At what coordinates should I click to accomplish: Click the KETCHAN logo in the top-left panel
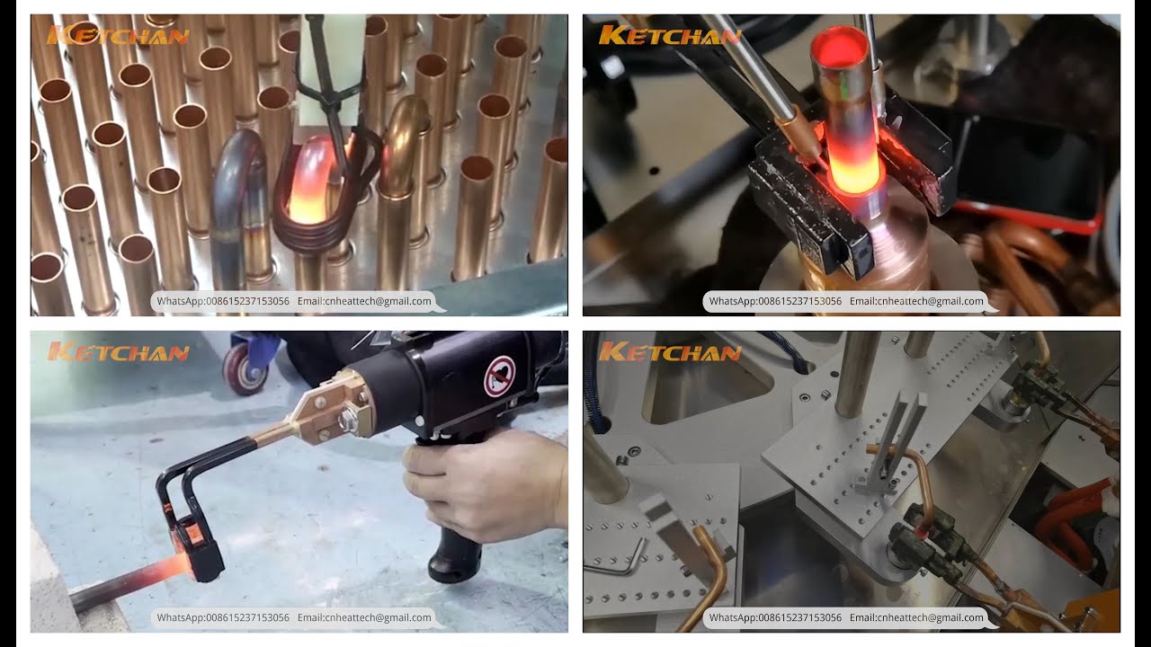tap(118, 35)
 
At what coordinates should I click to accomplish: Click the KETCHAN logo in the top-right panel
tap(670, 35)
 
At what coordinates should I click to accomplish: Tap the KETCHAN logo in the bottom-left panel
tap(118, 351)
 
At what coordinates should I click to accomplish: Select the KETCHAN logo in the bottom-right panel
tap(670, 351)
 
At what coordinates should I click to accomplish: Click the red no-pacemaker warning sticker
tap(499, 376)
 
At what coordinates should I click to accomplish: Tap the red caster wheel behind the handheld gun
tap(245, 368)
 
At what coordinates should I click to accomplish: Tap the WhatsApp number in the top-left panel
tap(222, 301)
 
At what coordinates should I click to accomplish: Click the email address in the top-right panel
tap(916, 301)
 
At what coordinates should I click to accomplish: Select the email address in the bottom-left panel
tap(364, 617)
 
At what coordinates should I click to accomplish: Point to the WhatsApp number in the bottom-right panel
tap(775, 617)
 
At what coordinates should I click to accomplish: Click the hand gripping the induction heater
tap(483, 483)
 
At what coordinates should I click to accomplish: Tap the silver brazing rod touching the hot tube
tap(755, 77)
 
